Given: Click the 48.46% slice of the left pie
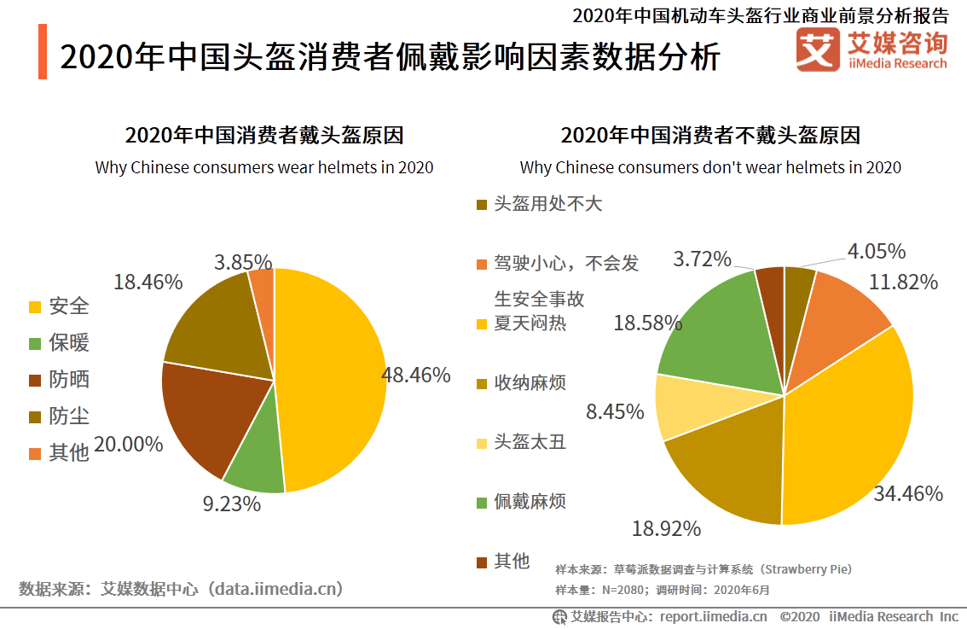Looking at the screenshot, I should pyautogui.click(x=333, y=376).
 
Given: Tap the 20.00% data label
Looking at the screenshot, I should pyautogui.click(x=129, y=444).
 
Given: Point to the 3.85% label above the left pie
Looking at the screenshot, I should pyautogui.click(x=243, y=262).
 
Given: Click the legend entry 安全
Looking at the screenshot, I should pyautogui.click(x=60, y=306).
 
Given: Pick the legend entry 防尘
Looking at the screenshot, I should pyautogui.click(x=60, y=416).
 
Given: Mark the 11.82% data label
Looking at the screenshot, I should pyautogui.click(x=903, y=282).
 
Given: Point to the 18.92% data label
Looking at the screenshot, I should pyautogui.click(x=666, y=528).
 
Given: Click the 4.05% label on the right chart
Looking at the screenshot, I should pyautogui.click(x=876, y=251).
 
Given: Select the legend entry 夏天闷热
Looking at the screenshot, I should pyautogui.click(x=522, y=323).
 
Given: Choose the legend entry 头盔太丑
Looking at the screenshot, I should pyautogui.click(x=522, y=442).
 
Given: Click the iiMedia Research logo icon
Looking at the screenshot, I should pyautogui.click(x=817, y=50).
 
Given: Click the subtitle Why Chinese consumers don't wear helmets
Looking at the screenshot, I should pyautogui.click(x=710, y=167).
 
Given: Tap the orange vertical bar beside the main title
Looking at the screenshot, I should pyautogui.click(x=43, y=52).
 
